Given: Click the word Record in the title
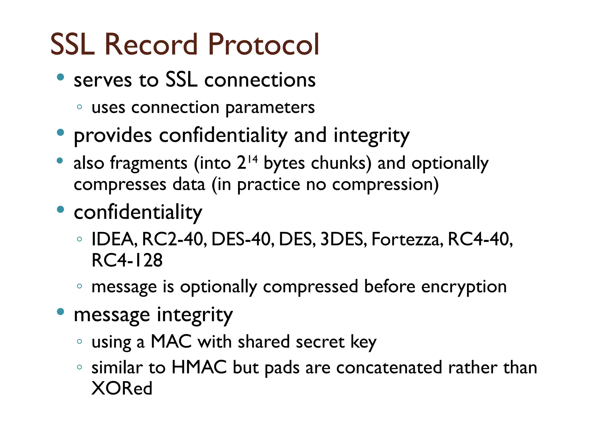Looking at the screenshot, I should point(151,44).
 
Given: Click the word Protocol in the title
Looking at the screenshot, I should point(263,44).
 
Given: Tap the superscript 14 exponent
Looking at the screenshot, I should point(253,159).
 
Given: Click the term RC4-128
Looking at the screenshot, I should point(127,260).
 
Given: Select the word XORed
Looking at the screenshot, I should point(122,388).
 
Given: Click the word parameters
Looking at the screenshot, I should point(270,108).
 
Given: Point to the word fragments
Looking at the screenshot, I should point(149,163).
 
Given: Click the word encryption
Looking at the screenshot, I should point(464,287).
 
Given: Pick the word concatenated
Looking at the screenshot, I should point(389,368).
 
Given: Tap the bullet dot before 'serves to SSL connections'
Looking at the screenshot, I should point(60,77).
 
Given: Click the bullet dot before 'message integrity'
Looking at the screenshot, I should point(60,312).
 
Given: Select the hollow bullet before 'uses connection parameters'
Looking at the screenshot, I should point(80,107).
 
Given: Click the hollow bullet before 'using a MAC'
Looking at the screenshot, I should point(80,342).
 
